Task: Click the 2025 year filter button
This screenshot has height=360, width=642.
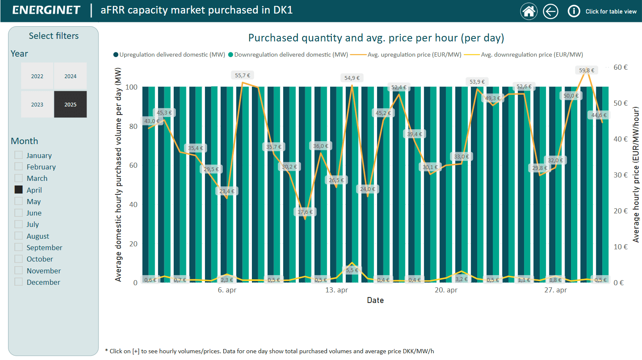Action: [70, 104]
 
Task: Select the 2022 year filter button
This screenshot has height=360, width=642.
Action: [37, 76]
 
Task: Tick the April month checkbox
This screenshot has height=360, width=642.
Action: [19, 190]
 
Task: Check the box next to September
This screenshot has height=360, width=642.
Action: [19, 247]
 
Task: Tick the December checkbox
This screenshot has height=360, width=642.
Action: [19, 282]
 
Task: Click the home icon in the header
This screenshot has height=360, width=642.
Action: [529, 11]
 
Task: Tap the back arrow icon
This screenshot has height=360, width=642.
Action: [550, 11]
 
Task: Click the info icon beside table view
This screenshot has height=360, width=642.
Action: [574, 11]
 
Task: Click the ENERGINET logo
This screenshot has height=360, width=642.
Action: [46, 10]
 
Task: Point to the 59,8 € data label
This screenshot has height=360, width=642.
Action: [587, 70]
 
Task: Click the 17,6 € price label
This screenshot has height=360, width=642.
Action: [305, 212]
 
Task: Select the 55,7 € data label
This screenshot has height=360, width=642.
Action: [243, 75]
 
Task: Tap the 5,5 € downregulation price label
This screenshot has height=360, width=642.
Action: [352, 270]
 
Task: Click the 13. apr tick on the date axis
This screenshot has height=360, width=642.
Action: [336, 290]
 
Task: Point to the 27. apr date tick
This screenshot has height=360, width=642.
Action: [555, 290]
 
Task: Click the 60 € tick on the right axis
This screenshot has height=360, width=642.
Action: [620, 67]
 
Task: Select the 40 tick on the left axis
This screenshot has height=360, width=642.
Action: [133, 205]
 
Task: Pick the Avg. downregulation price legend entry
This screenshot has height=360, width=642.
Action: [531, 55]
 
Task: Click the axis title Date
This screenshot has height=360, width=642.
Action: [375, 300]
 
